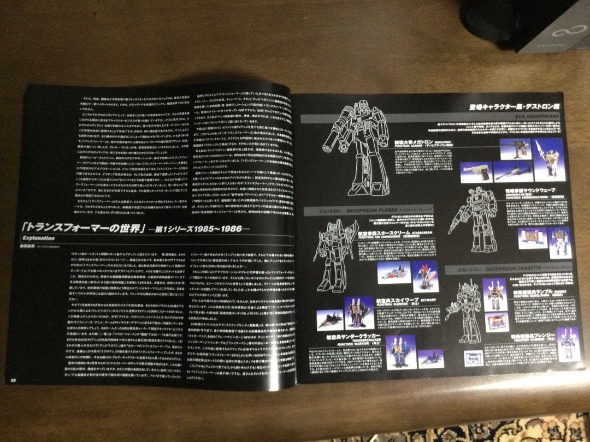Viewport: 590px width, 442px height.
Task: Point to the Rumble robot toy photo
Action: (x=496, y=295)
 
